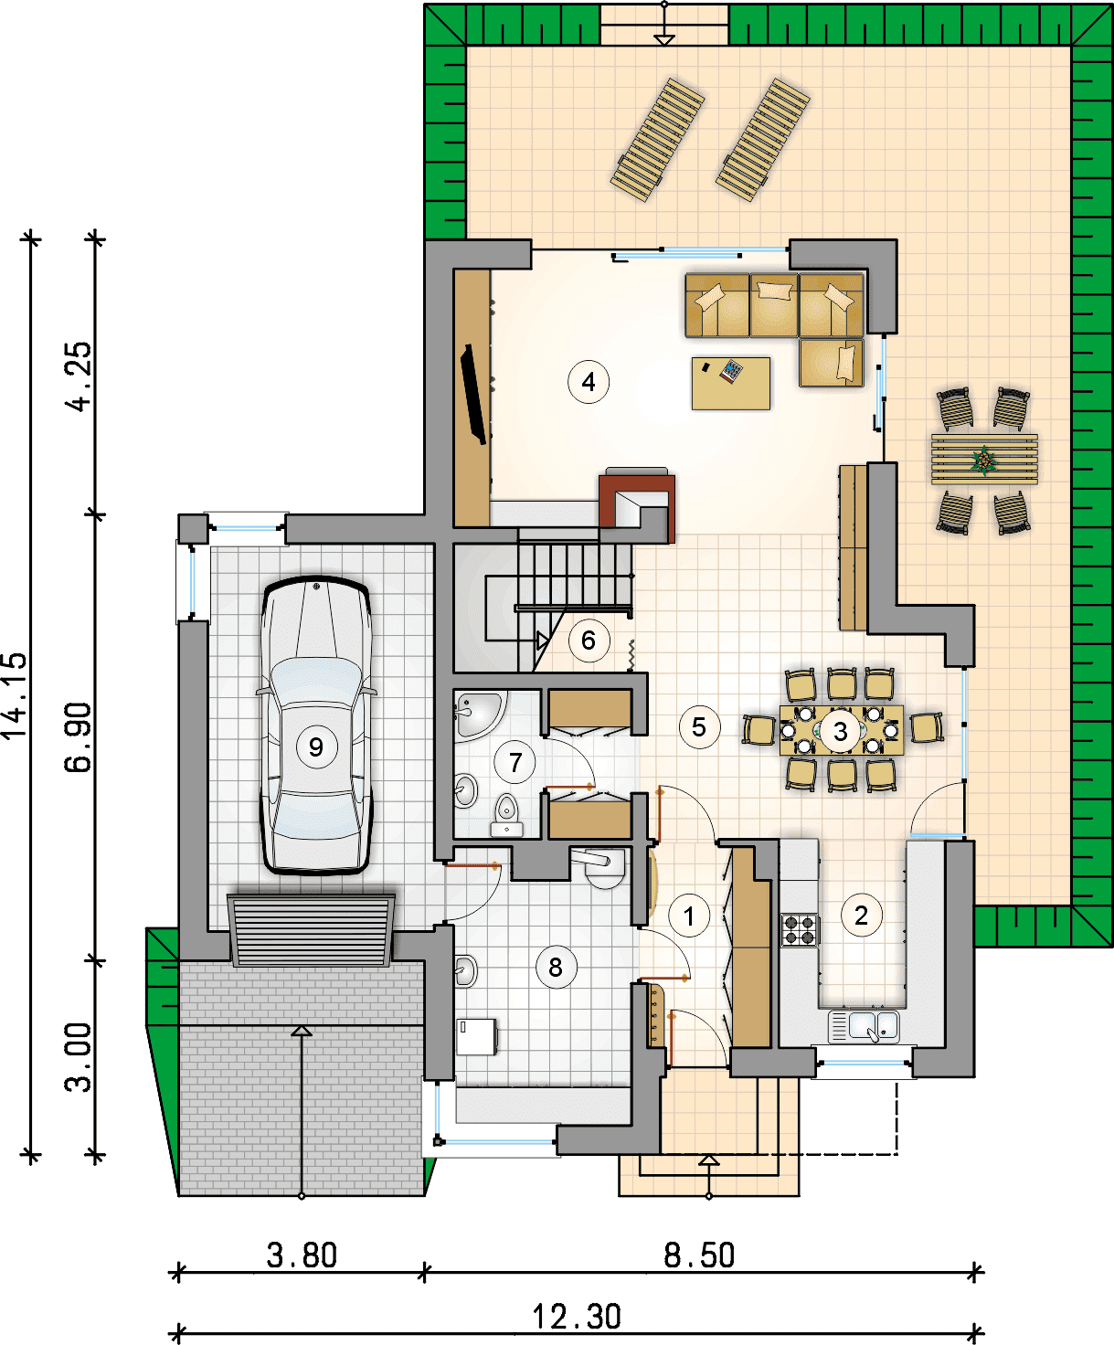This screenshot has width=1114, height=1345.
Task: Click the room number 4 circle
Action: pyautogui.click(x=589, y=382)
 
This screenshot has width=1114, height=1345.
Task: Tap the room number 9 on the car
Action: pyautogui.click(x=315, y=747)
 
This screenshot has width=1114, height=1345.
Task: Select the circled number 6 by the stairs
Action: pyautogui.click(x=589, y=641)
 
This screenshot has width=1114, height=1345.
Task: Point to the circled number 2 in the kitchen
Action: pyautogui.click(x=861, y=915)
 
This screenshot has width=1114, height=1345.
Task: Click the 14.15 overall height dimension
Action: pyautogui.click(x=15, y=695)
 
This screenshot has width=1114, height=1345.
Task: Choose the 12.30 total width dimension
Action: pyautogui.click(x=577, y=1317)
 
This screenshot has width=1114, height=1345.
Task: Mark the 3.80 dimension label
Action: pyautogui.click(x=302, y=1255)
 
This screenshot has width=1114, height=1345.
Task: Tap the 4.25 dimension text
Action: pyautogui.click(x=79, y=376)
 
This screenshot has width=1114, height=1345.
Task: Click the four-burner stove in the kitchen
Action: pyautogui.click(x=800, y=929)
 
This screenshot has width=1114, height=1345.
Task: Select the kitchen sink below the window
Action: pyautogui.click(x=864, y=1025)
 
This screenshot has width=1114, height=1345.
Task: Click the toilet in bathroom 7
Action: pyautogui.click(x=506, y=814)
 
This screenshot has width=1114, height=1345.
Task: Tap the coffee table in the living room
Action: pyautogui.click(x=731, y=383)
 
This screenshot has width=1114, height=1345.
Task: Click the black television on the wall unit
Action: pyautogui.click(x=472, y=394)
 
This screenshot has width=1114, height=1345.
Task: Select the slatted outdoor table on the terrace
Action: pyautogui.click(x=984, y=460)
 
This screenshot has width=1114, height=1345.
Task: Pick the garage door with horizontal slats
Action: pyautogui.click(x=311, y=930)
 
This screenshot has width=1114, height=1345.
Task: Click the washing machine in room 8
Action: pyautogui.click(x=476, y=1036)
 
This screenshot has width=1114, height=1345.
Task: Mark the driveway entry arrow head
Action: pyautogui.click(x=301, y=1032)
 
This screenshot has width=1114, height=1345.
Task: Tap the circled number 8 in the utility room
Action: pyautogui.click(x=556, y=967)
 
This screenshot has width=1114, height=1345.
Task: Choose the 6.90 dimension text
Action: pyautogui.click(x=79, y=737)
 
